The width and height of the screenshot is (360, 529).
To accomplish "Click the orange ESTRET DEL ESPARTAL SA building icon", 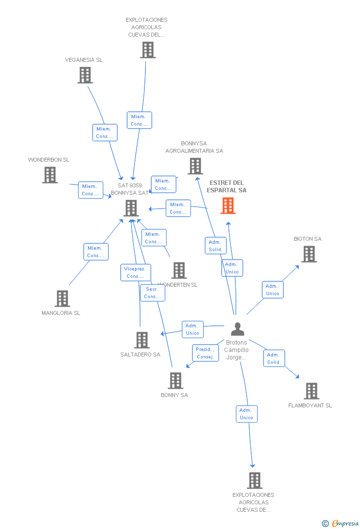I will pyautogui.click(x=228, y=206).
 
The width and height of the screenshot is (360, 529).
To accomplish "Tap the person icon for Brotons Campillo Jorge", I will pyautogui.click(x=237, y=329).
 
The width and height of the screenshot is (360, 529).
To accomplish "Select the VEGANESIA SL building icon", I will pyautogui.click(x=85, y=75).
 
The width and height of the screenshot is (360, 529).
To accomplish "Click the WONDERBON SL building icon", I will pyautogui.click(x=49, y=175).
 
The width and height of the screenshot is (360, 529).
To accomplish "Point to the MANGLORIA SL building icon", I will pyautogui.click(x=62, y=299).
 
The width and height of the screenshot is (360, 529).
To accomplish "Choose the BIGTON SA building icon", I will pyautogui.click(x=309, y=254).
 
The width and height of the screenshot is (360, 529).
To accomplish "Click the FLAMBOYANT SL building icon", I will pyautogui.click(x=311, y=391).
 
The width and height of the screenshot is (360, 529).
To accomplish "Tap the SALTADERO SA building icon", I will pyautogui.click(x=142, y=340).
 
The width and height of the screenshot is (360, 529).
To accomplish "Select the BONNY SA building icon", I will pyautogui.click(x=176, y=381).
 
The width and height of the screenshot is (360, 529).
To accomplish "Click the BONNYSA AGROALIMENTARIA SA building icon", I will pyautogui.click(x=195, y=166).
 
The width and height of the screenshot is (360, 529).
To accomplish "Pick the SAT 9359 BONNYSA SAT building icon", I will pyautogui.click(x=131, y=208).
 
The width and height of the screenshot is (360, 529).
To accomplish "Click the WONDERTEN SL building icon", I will pyautogui.click(x=179, y=270).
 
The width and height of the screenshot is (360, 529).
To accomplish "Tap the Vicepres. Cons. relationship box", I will pyautogui.click(x=135, y=272).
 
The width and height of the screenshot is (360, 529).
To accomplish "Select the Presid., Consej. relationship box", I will pyautogui.click(x=205, y=353).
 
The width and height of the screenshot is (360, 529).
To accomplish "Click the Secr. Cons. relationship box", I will pyautogui.click(x=152, y=293).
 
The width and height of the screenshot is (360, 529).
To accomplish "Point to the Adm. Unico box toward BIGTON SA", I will pyautogui.click(x=272, y=290).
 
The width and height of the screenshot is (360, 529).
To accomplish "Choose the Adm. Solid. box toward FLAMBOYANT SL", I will pyautogui.click(x=274, y=358).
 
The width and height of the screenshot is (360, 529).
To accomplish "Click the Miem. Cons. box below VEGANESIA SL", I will pyautogui.click(x=105, y=132).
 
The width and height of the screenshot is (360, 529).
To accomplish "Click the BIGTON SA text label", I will pyautogui.click(x=308, y=239).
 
